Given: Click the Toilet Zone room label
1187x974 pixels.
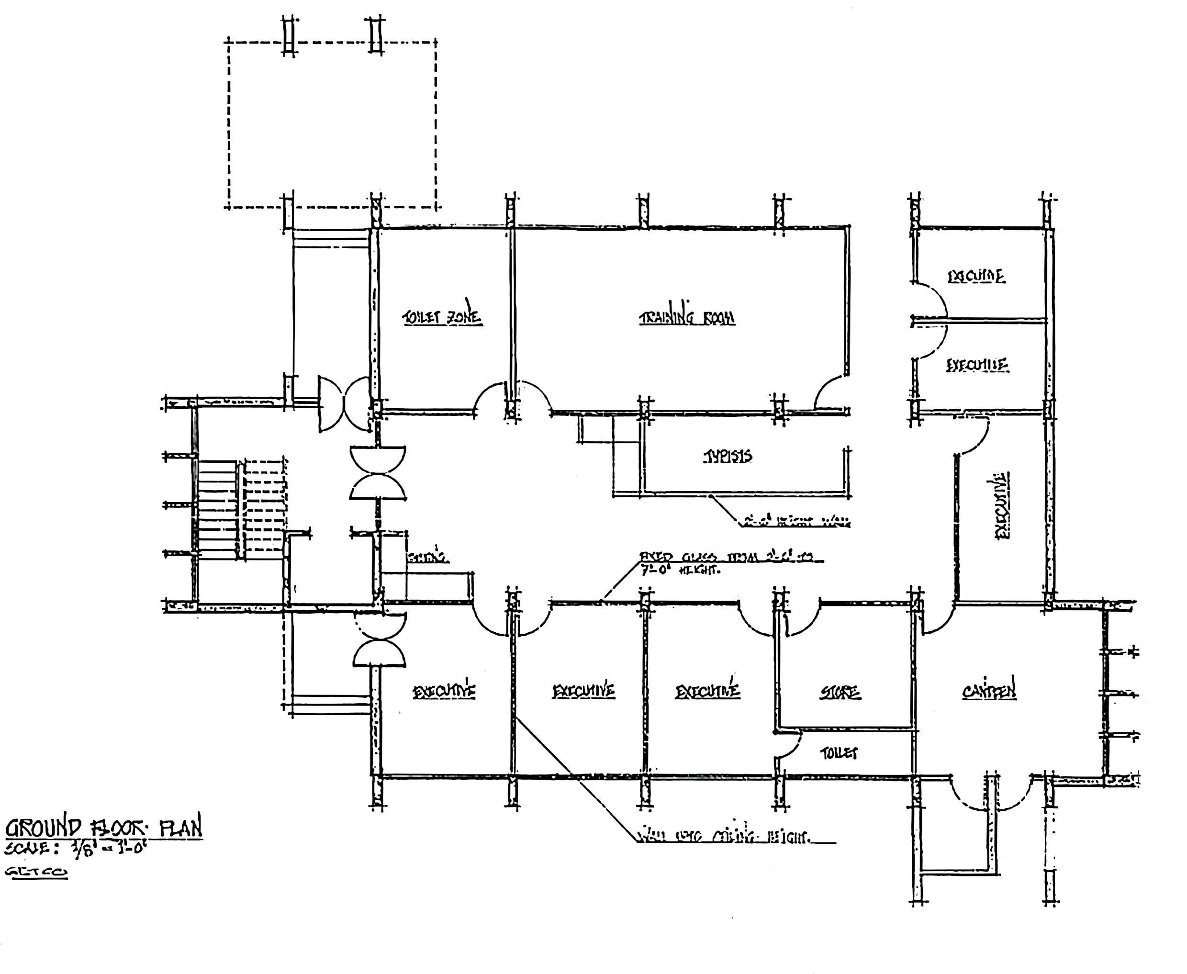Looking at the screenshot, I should coord(442,317).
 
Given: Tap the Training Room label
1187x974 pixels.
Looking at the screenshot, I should coord(687,318).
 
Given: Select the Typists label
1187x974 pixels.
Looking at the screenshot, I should coord(728,457).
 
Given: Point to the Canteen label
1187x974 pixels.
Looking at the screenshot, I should coord(988,691).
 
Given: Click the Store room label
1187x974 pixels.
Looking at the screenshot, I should coord(840,693).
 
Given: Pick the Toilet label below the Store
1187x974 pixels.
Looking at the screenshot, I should coord(839,753).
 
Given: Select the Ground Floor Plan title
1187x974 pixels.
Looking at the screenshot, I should coord(104,828).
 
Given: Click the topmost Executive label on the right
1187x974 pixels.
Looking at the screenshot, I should coord(976,276).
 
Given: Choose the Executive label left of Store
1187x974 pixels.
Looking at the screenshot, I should coord(707,691).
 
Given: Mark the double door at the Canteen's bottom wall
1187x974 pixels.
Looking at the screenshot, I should coord(991,792).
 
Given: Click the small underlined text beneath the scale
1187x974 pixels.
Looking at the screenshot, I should coord(36,872).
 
